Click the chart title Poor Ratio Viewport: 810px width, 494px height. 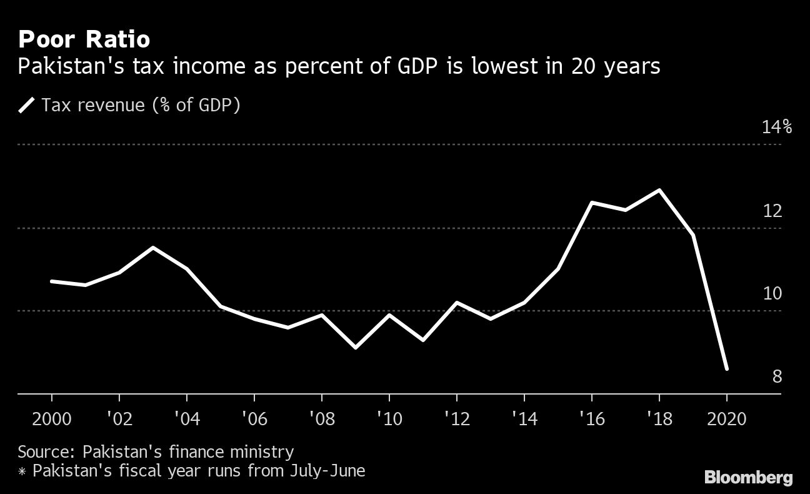coord(84,40)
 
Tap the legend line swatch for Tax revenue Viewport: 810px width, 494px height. coord(28,105)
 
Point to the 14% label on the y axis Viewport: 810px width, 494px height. coord(776,128)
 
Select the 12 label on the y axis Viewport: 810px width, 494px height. coord(772,211)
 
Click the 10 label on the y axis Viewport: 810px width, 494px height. coord(772,293)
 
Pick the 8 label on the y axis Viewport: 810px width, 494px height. coord(777,376)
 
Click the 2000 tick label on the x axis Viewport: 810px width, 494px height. coord(51,418)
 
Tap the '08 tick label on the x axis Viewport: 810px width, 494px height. coord(321,418)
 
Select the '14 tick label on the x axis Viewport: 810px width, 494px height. coord(524,418)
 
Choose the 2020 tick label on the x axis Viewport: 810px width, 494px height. coord(726,418)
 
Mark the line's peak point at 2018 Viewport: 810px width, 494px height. coord(659,190)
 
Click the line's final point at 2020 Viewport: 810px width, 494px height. coord(726,369)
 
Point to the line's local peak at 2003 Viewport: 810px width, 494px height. coord(153,248)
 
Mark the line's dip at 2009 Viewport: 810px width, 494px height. coord(356,347)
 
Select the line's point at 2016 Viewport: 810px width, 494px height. coord(592,203)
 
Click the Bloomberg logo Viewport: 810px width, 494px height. coord(748,478)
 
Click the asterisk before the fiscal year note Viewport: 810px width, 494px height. coord(22,471)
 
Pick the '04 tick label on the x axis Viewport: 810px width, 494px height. coord(186,418)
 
